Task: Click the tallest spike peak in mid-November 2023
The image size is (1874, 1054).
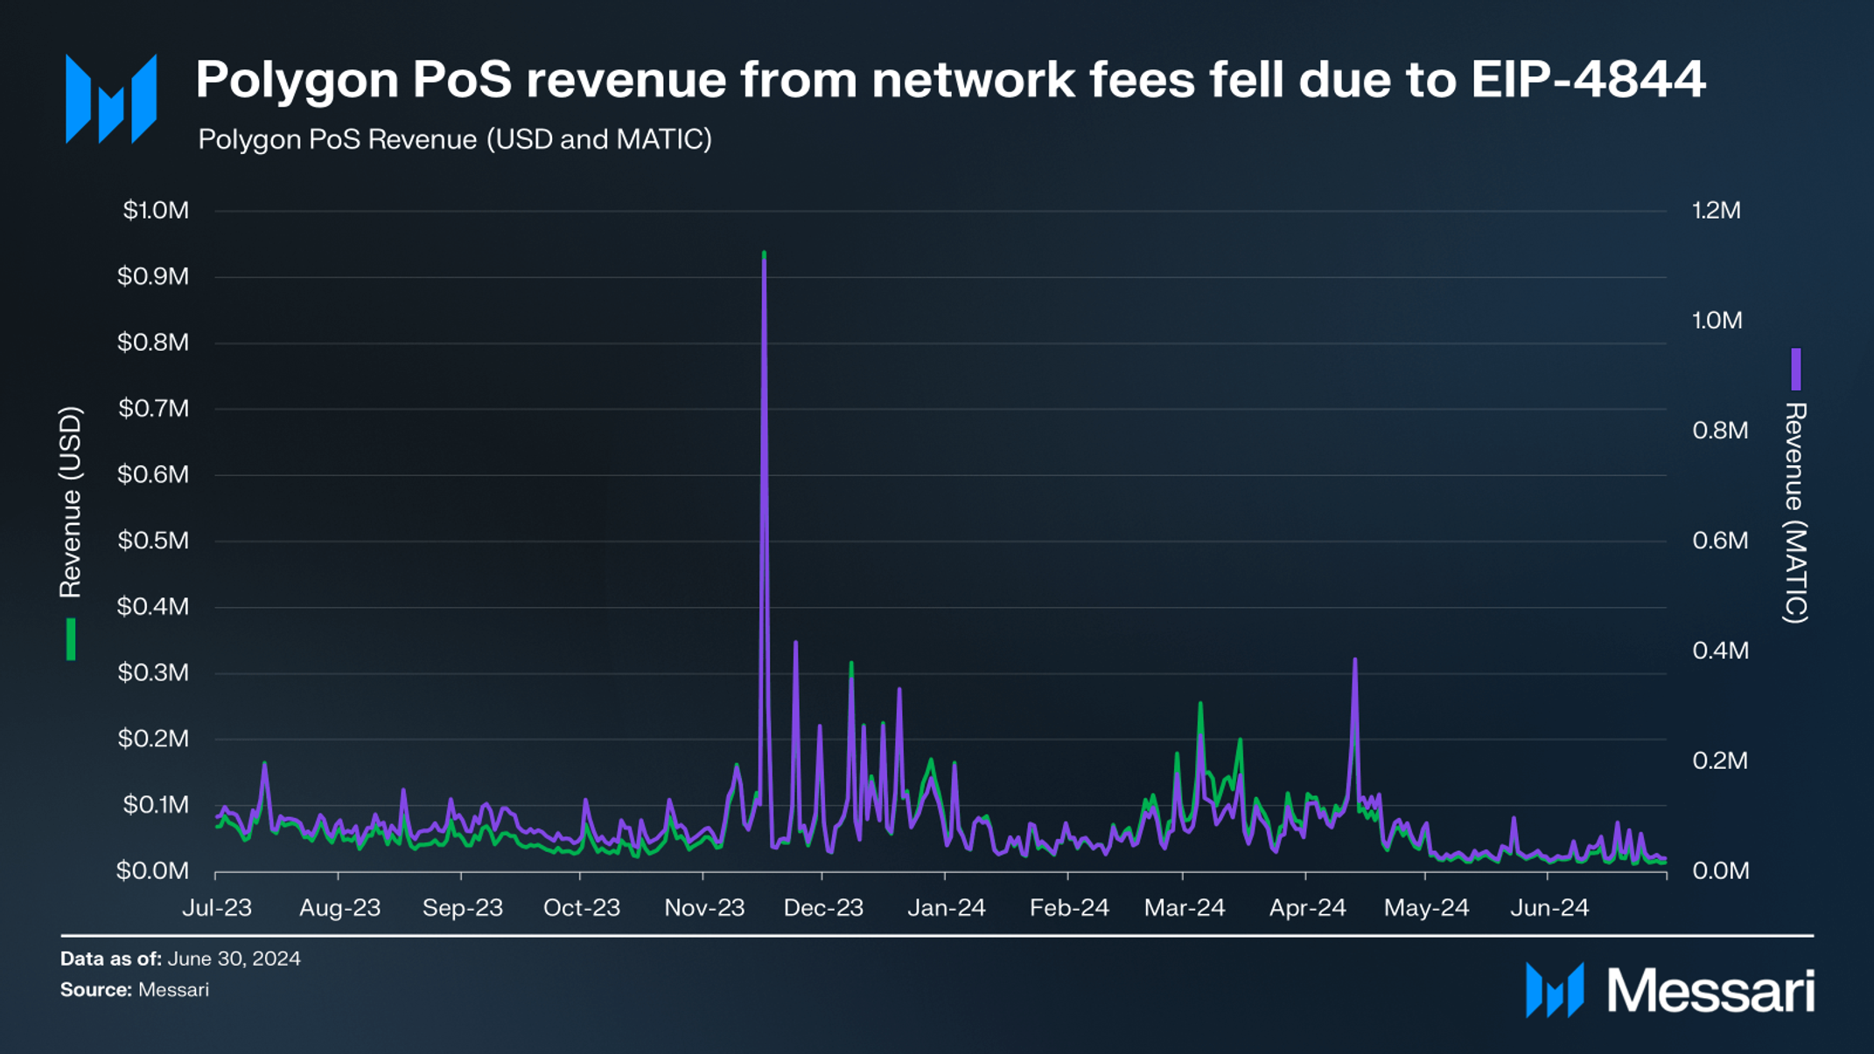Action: [764, 255]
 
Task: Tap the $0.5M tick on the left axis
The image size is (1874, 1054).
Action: [153, 541]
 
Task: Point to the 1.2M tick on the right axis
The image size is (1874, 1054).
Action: [1716, 211]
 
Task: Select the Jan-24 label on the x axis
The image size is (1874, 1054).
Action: [946, 908]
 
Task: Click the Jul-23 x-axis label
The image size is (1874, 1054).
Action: [216, 908]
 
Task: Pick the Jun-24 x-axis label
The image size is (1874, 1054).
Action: [1549, 908]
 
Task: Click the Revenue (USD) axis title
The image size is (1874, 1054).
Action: [70, 502]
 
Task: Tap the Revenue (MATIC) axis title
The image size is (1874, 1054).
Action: [1794, 513]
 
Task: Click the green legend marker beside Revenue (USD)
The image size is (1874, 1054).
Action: [71, 639]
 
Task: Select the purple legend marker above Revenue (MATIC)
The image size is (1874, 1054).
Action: [1795, 369]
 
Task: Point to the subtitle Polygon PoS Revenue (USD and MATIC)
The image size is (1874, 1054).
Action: [454, 140]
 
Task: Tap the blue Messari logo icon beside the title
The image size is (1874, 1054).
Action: [111, 98]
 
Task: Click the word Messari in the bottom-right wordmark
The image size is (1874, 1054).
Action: [1710, 992]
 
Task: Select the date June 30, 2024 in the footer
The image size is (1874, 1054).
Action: [234, 959]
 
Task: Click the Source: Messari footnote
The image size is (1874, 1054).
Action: [135, 990]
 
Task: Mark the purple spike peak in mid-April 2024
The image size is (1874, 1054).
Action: [1354, 660]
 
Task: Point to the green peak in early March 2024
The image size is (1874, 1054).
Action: [1199, 704]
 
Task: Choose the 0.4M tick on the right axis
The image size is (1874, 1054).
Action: [1719, 651]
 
